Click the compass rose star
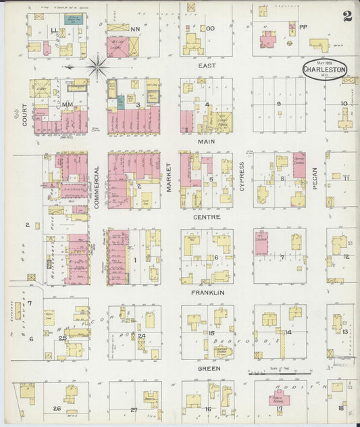(98, 67)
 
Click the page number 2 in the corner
(346, 17)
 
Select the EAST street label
(207, 66)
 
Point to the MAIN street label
(206, 142)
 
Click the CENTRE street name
(206, 218)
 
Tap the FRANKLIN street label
(207, 293)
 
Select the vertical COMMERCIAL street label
(97, 186)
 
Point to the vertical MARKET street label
(170, 178)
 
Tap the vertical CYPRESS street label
(242, 177)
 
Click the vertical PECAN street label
(315, 177)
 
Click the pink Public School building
(279, 399)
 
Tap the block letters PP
(303, 28)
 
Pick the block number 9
(278, 103)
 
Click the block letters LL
(55, 30)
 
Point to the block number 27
(134, 409)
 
